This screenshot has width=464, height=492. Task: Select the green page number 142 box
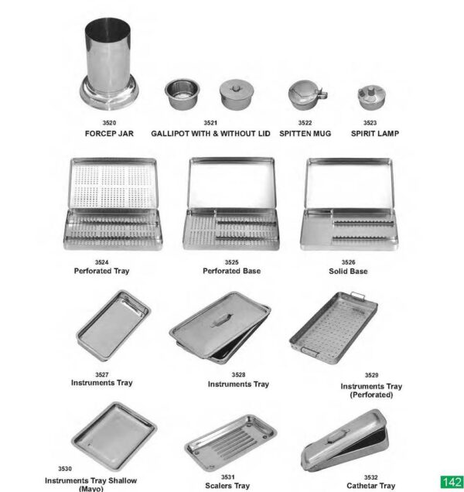coord(451,482)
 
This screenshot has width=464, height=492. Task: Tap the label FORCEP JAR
coord(109,134)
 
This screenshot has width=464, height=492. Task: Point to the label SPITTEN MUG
coord(305,134)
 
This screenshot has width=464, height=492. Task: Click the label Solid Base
coord(348,272)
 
